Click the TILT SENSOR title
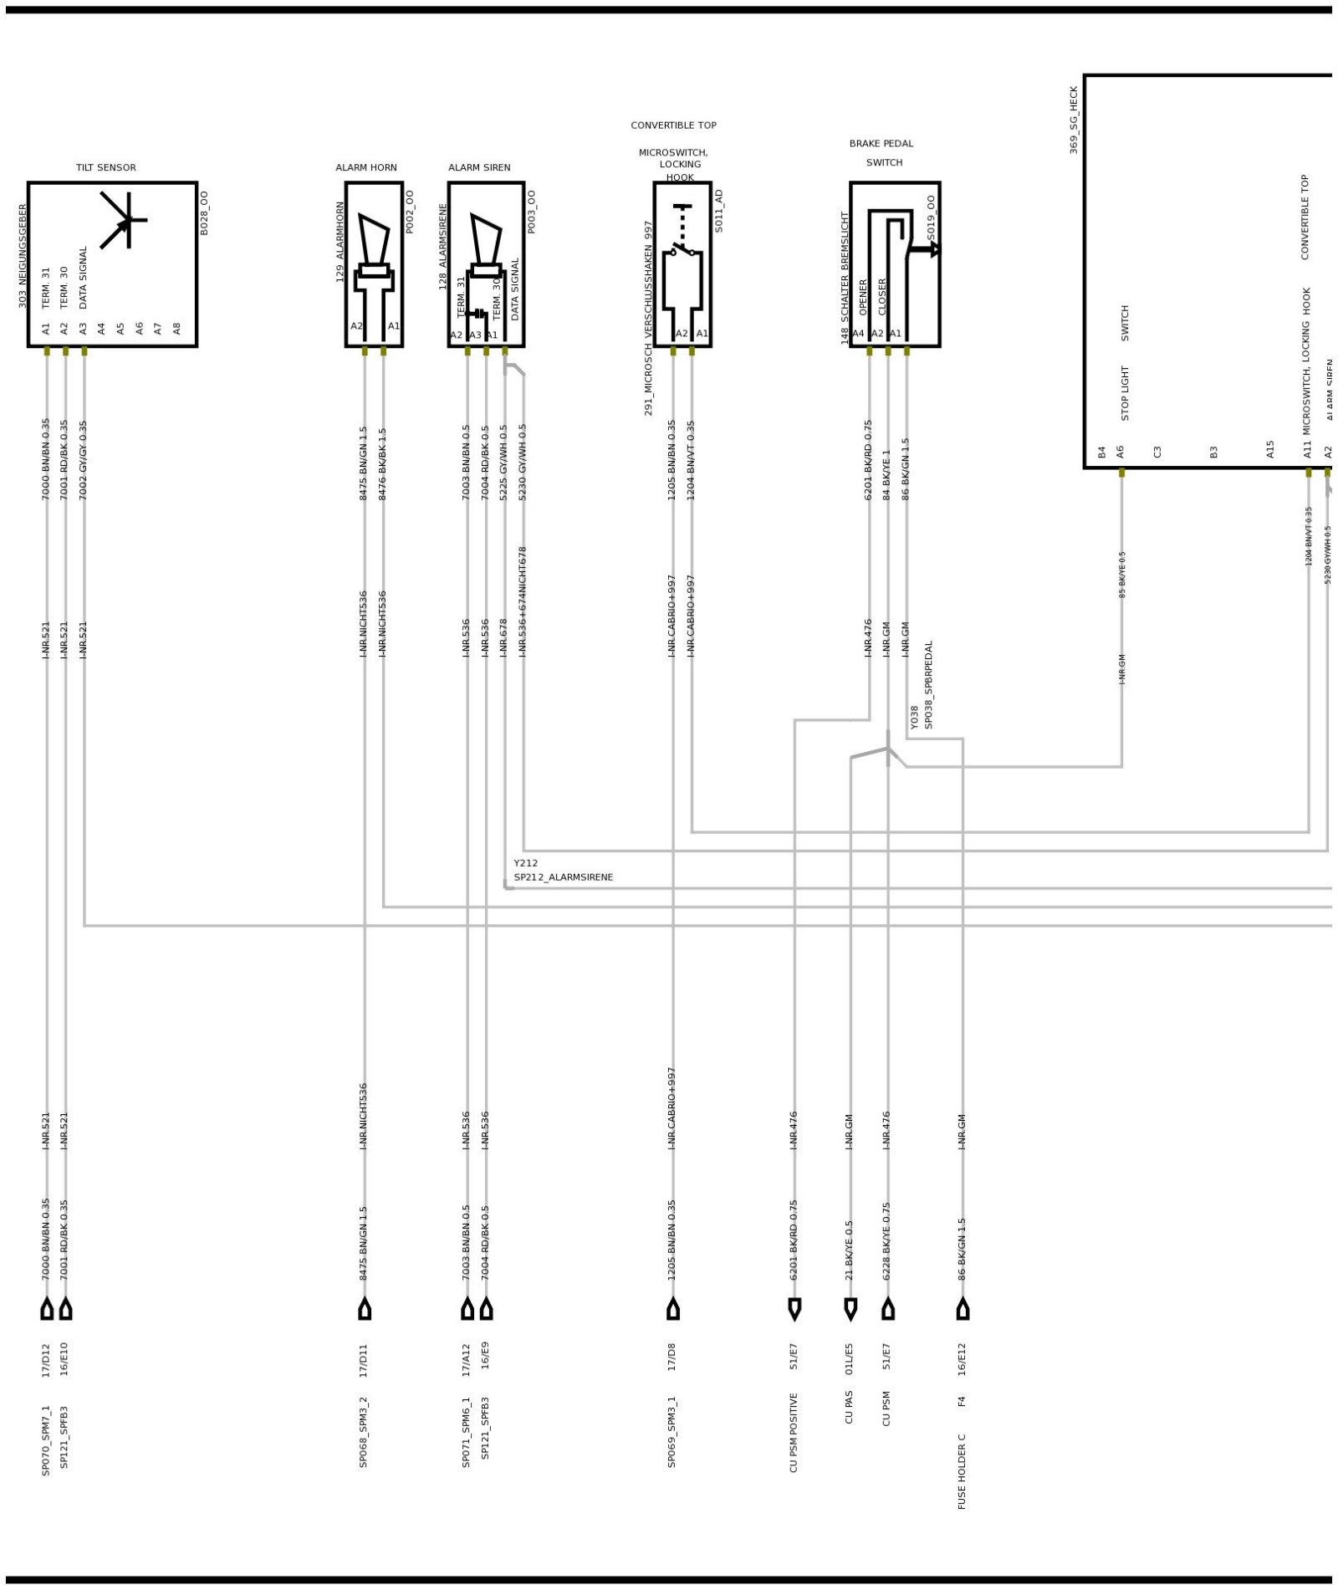tap(105, 167)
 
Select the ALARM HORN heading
tap(366, 167)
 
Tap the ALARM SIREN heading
tap(479, 167)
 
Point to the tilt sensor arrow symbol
tap(124, 220)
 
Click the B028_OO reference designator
tap(204, 212)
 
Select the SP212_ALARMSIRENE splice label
tap(563, 877)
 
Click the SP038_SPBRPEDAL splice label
tap(928, 685)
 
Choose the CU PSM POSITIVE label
tap(794, 1444)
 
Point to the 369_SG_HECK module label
tap(1074, 120)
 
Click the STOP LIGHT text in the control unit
tap(1125, 392)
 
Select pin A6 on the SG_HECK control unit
tap(1121, 452)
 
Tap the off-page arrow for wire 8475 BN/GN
tap(365, 1309)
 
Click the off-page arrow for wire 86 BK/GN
tap(963, 1309)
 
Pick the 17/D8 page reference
tap(672, 1356)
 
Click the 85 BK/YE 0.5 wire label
tap(1122, 574)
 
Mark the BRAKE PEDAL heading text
tap(881, 144)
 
